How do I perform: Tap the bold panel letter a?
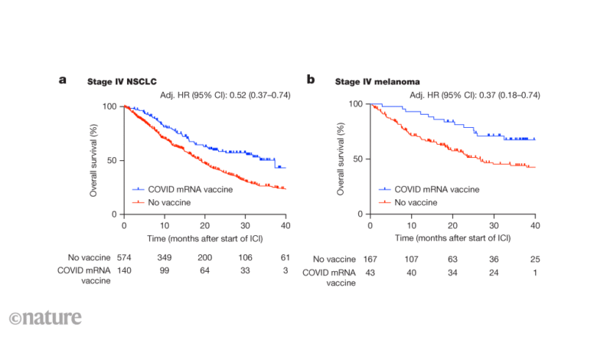[63, 79]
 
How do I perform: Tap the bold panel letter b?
[311, 79]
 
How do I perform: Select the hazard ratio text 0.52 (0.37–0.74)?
[256, 94]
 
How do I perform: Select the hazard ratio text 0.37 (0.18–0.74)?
[502, 94]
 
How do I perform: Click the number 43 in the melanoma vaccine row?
[370, 273]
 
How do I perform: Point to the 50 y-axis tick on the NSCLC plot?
[113, 161]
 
